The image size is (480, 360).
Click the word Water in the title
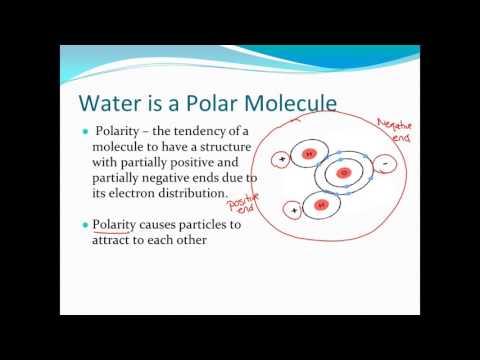click(x=112, y=104)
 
